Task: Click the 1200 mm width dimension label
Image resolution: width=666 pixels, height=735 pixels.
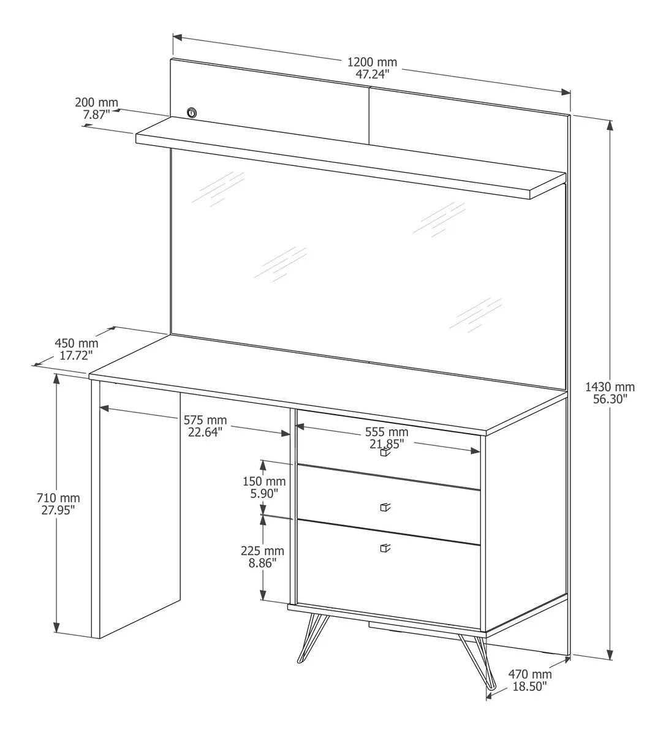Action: (372, 68)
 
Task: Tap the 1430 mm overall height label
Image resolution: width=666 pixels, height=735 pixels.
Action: (610, 393)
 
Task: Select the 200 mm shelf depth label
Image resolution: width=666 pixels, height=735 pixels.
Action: (96, 108)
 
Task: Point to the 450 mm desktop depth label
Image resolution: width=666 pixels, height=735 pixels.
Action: (76, 349)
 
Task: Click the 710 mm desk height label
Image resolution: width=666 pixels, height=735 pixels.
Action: (58, 504)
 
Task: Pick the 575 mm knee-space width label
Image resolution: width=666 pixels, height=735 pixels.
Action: (205, 426)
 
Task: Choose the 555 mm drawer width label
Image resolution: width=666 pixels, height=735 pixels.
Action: (387, 438)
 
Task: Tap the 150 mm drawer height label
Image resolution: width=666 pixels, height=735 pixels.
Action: (264, 488)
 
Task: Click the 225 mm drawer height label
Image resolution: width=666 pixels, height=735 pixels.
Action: (262, 557)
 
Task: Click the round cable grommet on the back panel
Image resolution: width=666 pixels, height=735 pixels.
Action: (192, 113)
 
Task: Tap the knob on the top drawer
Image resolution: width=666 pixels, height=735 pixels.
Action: (384, 453)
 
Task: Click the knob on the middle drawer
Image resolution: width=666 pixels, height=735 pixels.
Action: (385, 508)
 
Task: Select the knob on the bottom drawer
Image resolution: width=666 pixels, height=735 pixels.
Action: (385, 548)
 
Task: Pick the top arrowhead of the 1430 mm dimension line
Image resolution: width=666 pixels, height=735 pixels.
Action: (610, 126)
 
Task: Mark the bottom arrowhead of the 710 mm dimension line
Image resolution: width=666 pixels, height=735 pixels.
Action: (56, 627)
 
